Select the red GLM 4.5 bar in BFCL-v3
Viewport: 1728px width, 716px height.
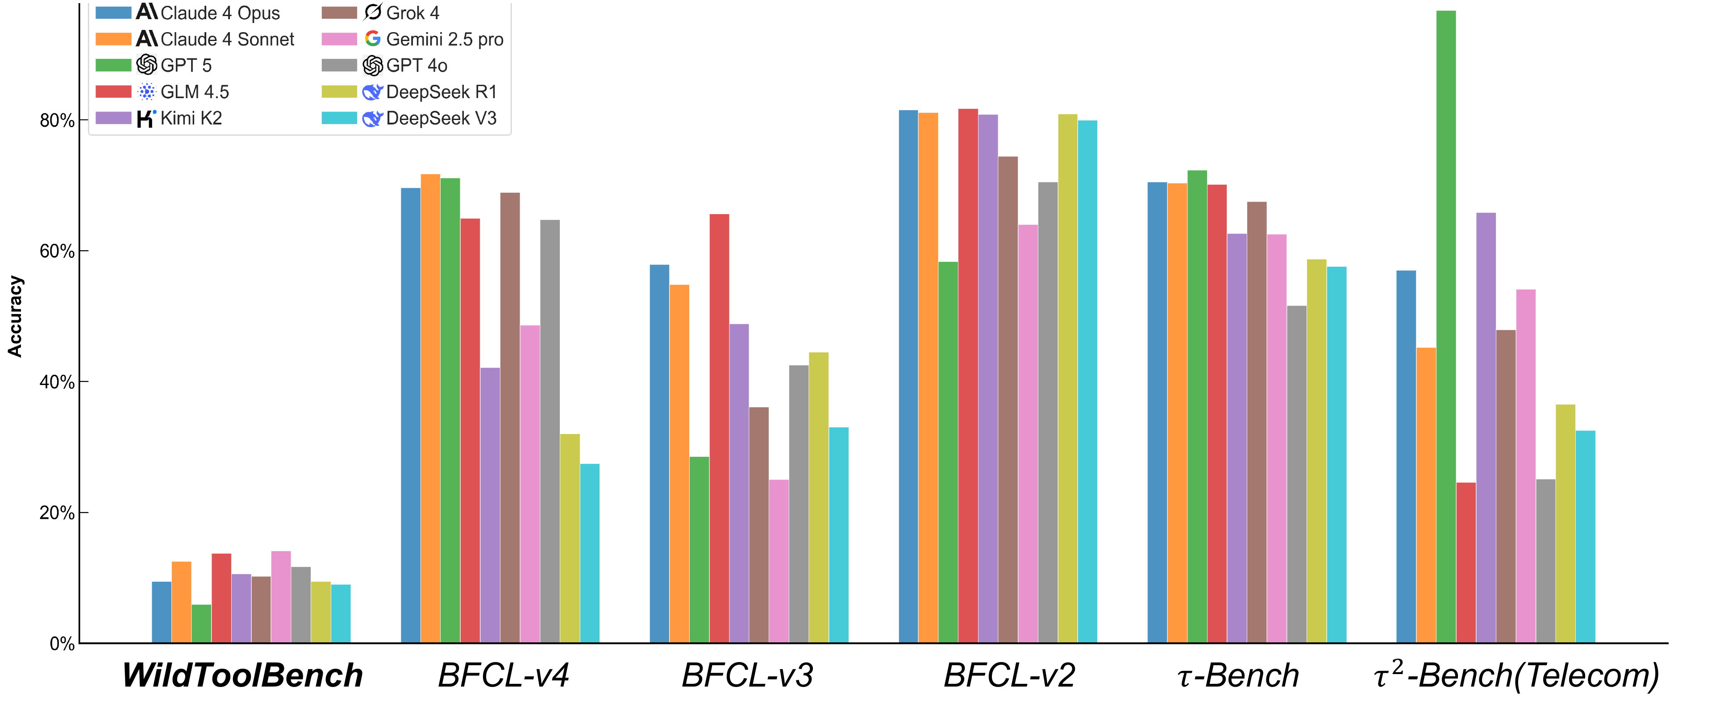[x=719, y=429]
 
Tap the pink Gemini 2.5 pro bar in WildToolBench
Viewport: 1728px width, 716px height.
[x=281, y=597]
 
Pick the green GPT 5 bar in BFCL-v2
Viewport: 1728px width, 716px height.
[x=948, y=452]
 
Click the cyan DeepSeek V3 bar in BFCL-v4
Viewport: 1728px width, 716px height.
[x=590, y=554]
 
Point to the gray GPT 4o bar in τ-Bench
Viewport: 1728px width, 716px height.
[x=1297, y=475]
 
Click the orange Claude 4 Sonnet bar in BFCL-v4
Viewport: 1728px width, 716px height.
[x=430, y=409]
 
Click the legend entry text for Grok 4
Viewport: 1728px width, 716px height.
[x=412, y=13]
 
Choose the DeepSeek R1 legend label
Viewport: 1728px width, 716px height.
[x=441, y=92]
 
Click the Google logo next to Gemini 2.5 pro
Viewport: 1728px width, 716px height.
[x=372, y=39]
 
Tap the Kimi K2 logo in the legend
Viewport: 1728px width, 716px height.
[x=146, y=118]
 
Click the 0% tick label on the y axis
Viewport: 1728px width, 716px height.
[x=61, y=644]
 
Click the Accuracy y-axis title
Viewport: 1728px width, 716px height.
[x=15, y=316]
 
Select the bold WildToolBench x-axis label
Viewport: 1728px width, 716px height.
[x=243, y=675]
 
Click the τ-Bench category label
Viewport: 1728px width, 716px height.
[x=1238, y=675]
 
